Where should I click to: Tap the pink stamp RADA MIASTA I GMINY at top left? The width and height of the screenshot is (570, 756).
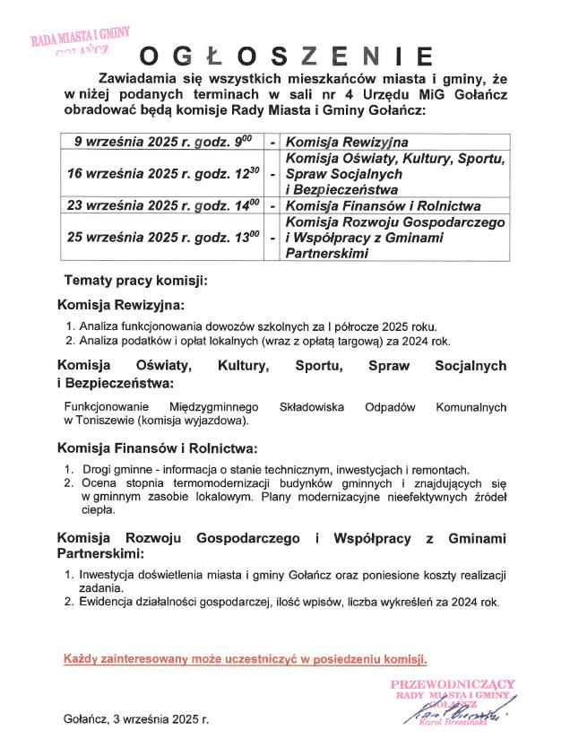pyautogui.click(x=80, y=37)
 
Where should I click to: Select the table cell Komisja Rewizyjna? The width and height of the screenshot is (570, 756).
pyautogui.click(x=347, y=142)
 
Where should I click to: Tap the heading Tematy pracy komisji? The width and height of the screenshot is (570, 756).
pyautogui.click(x=135, y=280)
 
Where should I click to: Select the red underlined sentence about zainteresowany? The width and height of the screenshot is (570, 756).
pyautogui.click(x=246, y=659)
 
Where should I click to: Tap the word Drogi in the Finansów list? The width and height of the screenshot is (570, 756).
pyautogui.click(x=97, y=469)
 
